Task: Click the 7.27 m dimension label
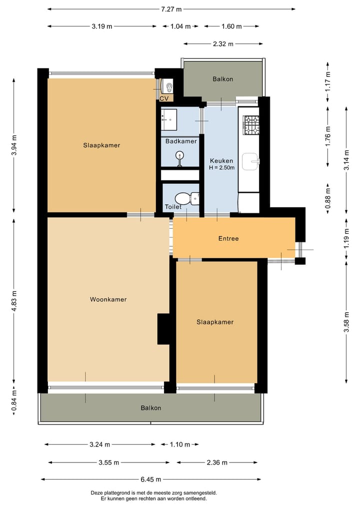pos(171,9)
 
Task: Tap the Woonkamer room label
pos(108,299)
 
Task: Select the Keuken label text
pos(221,161)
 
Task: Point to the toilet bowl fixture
pos(186,198)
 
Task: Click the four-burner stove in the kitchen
pos(251,125)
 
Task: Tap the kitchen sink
pos(250,162)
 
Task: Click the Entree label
pos(228,238)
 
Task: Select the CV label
pos(164,98)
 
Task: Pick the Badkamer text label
pos(181,141)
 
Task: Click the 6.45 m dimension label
pos(151,479)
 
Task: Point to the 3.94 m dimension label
pos(14,145)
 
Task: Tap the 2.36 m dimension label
pos(217,463)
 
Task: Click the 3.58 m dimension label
pos(346,322)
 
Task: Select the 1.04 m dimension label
pos(180,26)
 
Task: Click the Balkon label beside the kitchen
pos(223,79)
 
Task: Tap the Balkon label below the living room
pos(151,408)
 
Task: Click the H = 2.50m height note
pos(222,167)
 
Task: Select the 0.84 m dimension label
pos(14,401)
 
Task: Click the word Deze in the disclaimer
pos(96,493)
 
